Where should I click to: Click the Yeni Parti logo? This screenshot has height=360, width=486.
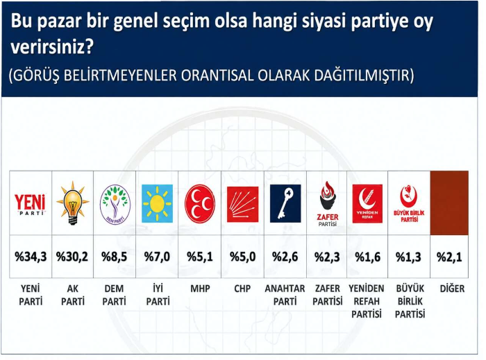pyautogui.click(x=30, y=204)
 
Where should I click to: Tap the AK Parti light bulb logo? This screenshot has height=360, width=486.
pyautogui.click(x=72, y=203)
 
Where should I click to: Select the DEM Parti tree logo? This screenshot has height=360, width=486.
pyautogui.click(x=115, y=205)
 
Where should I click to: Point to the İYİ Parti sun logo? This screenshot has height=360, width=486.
pyautogui.click(x=157, y=203)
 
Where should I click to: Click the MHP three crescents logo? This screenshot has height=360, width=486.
pyautogui.click(x=200, y=204)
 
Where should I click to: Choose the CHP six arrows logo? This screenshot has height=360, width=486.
pyautogui.click(x=242, y=205)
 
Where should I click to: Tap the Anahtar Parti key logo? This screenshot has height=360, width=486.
pyautogui.click(x=285, y=203)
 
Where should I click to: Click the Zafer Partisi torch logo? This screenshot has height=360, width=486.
pyautogui.click(x=328, y=204)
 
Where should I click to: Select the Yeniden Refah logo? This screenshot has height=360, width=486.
pyautogui.click(x=367, y=204)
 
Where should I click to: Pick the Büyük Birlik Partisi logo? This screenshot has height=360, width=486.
pyautogui.click(x=409, y=204)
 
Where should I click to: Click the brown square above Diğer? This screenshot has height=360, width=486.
pyautogui.click(x=449, y=203)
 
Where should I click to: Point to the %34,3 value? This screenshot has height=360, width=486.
pyautogui.click(x=31, y=257)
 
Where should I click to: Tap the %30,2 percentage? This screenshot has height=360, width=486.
pyautogui.click(x=72, y=257)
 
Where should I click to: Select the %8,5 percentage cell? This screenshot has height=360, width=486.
pyautogui.click(x=115, y=257)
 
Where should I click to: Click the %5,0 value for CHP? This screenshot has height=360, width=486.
pyautogui.click(x=243, y=257)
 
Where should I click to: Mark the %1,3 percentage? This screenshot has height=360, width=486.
pyautogui.click(x=408, y=257)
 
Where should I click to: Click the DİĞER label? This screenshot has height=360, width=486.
pyautogui.click(x=452, y=289)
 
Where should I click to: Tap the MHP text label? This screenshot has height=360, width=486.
pyautogui.click(x=200, y=289)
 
